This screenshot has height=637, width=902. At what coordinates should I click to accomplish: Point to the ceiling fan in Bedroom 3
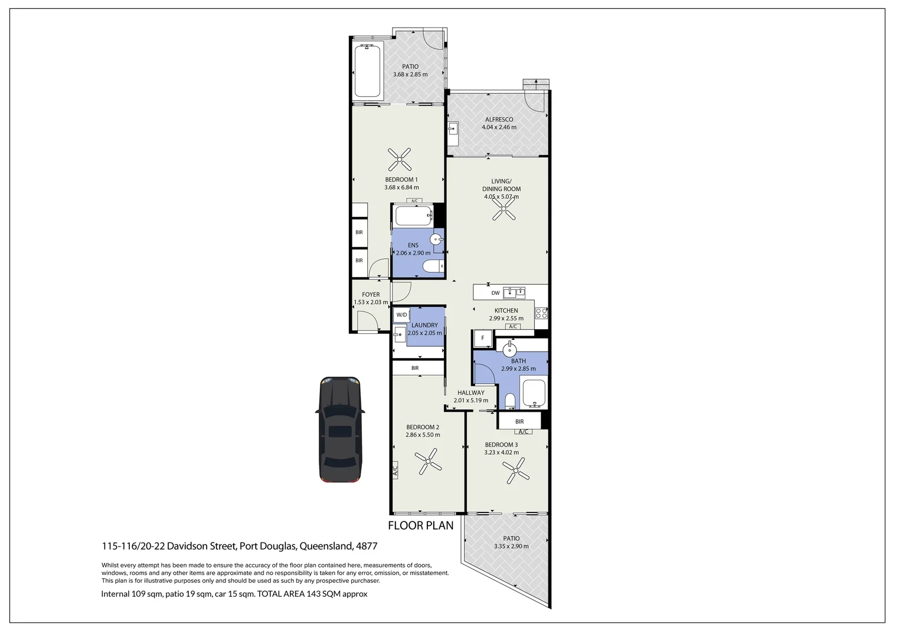point(515,472)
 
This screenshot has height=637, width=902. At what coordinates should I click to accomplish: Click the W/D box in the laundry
point(401,314)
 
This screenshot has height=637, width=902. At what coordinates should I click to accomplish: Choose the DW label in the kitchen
point(495,293)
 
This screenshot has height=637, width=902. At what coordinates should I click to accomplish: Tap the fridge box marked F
point(483,338)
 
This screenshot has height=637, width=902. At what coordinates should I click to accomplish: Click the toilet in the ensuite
point(434,267)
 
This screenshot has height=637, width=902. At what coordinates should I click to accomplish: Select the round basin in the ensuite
point(436,239)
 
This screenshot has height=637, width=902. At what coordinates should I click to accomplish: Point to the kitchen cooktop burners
point(541,313)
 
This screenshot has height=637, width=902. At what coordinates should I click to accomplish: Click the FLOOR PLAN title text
point(420,526)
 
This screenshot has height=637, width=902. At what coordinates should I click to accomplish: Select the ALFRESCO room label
point(499,119)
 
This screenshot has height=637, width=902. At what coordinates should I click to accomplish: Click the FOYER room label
point(371,294)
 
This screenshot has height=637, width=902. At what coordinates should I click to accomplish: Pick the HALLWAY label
point(470,392)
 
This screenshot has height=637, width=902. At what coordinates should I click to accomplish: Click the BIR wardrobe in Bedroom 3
point(519,421)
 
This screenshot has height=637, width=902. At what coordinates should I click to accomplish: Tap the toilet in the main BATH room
point(511,402)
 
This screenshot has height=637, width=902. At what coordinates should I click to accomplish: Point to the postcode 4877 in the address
point(367,546)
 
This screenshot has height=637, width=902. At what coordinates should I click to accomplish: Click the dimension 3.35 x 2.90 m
point(511,546)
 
